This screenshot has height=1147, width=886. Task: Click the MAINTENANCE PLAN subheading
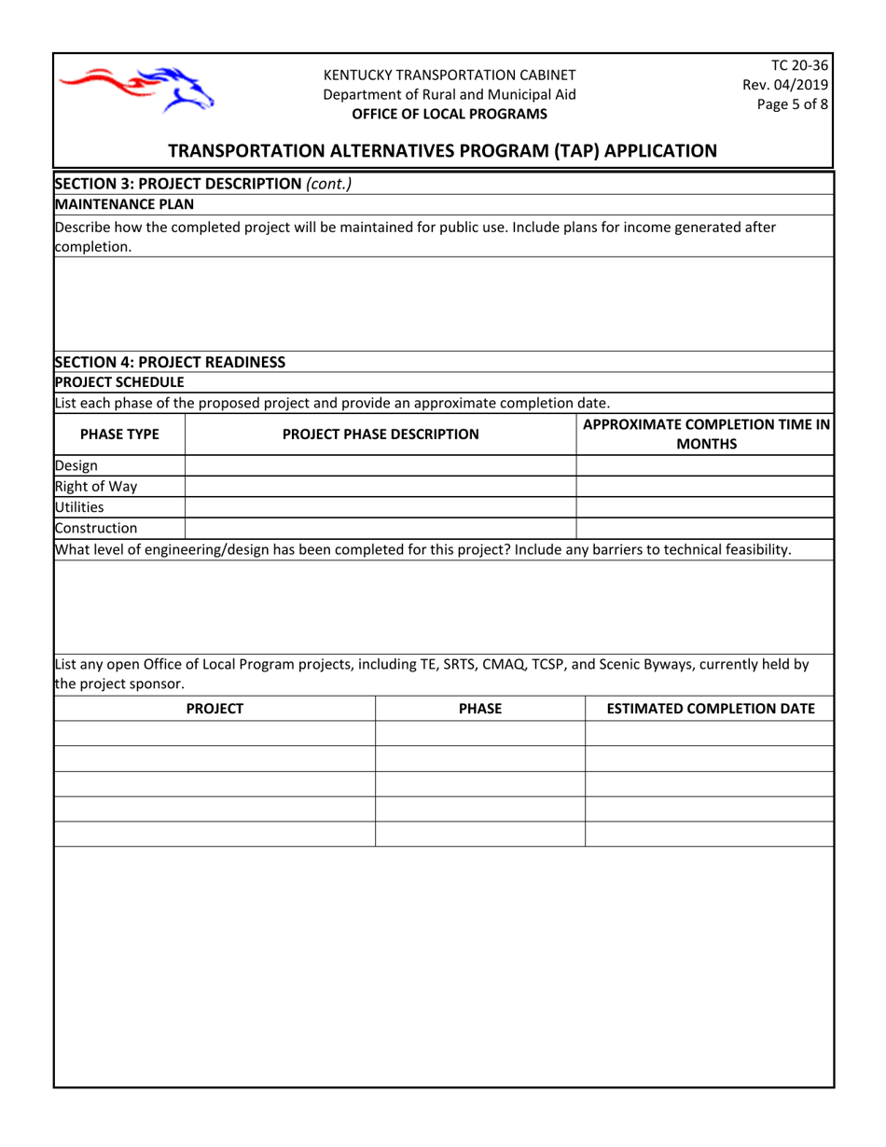(x=124, y=203)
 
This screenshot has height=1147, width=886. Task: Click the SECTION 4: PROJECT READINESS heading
(x=170, y=362)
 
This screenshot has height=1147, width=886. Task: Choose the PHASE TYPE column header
(x=119, y=434)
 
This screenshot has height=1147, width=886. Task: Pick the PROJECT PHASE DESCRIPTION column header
(x=381, y=434)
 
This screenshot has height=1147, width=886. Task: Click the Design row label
(x=76, y=465)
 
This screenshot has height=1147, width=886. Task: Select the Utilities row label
(x=79, y=507)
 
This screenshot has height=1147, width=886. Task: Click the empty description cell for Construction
(x=381, y=529)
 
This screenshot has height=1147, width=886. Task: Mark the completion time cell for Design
(x=704, y=465)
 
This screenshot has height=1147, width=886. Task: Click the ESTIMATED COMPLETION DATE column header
(x=711, y=709)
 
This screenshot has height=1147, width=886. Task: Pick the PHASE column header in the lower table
(x=480, y=709)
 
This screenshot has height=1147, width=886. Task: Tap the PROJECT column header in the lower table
(x=215, y=709)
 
